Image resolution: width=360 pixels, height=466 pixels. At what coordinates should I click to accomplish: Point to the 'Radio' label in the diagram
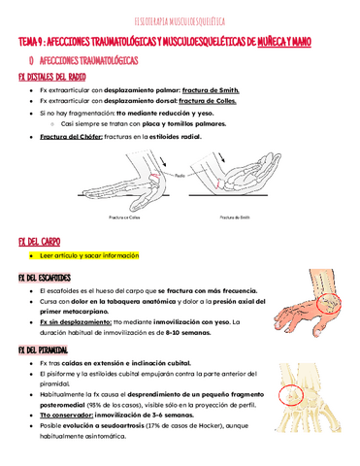pos(208,174)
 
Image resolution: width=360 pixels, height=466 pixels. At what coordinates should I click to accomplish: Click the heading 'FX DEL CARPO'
pos(39,241)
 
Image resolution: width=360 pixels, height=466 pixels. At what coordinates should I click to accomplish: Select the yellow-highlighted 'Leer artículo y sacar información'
pos(90,256)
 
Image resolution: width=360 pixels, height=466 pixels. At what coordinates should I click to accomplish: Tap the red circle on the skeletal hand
pos(291,398)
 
